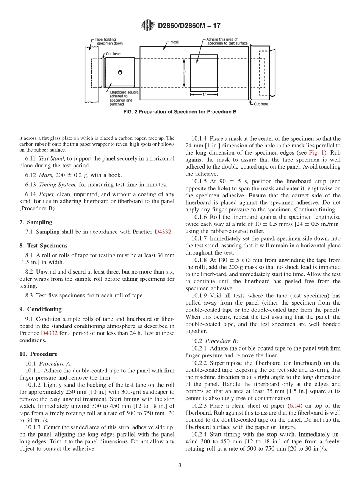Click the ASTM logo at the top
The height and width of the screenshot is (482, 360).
point(148,25)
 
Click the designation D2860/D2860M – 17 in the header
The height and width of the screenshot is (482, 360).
point(189,26)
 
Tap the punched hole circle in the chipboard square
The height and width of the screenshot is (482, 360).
point(120,72)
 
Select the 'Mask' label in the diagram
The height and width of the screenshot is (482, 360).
point(174,42)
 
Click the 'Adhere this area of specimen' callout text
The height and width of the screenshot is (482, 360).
point(227,41)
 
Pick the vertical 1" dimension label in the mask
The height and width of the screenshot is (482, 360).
point(184,72)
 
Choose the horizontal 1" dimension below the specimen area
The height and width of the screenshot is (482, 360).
point(204,94)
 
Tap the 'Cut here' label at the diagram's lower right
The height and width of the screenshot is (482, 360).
point(261,104)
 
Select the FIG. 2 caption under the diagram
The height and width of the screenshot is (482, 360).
point(180,112)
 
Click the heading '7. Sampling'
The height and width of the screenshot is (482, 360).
point(36,222)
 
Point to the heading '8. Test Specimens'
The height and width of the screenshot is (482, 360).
point(43,245)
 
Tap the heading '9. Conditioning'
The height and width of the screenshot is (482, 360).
point(41,309)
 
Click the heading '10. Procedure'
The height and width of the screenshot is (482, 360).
point(38,354)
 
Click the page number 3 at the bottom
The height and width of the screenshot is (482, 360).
point(180,465)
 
